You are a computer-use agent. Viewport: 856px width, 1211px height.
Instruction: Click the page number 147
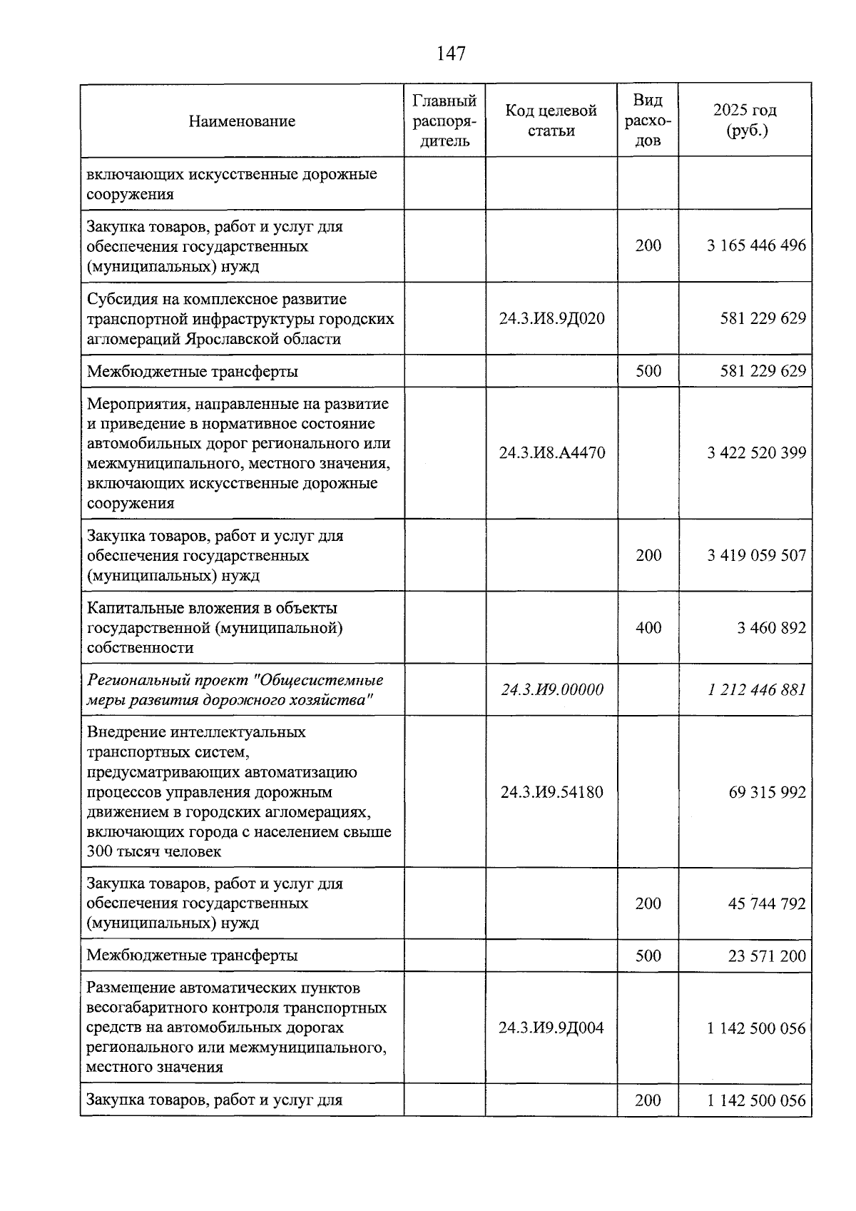click(451, 54)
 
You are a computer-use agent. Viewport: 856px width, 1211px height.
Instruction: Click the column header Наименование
click(242, 121)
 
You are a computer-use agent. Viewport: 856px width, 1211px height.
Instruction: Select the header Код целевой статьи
click(551, 121)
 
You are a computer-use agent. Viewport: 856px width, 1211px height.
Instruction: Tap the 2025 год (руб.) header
click(745, 121)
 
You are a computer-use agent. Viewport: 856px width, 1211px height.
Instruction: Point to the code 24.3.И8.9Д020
click(551, 318)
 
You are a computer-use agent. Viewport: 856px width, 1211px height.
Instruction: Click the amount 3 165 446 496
click(756, 246)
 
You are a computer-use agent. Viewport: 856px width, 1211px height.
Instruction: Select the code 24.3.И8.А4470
click(551, 453)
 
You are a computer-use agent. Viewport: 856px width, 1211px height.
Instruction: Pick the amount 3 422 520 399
click(756, 453)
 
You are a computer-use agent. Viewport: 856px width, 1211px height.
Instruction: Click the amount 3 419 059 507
click(756, 556)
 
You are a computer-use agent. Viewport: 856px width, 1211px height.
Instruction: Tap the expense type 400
click(648, 628)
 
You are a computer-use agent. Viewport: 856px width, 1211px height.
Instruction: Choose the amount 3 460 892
click(771, 628)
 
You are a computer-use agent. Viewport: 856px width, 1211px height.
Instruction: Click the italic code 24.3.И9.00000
click(551, 690)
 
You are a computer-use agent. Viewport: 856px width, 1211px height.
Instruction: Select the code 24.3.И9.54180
click(551, 793)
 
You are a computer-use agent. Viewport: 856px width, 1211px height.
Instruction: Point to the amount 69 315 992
click(767, 793)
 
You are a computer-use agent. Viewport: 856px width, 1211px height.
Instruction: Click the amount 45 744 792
click(767, 904)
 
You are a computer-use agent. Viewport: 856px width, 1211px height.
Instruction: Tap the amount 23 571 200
click(767, 956)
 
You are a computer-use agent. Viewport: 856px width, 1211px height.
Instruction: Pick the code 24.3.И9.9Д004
click(551, 1028)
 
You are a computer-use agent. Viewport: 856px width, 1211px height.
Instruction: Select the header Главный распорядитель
click(444, 121)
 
